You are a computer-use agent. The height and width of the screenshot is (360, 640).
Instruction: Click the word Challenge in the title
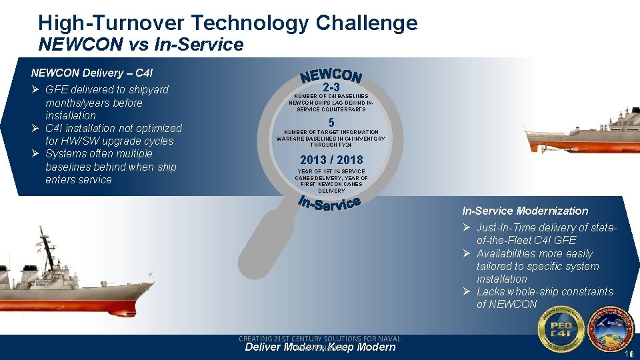click(366, 23)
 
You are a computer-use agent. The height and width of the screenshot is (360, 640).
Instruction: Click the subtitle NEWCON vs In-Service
click(141, 45)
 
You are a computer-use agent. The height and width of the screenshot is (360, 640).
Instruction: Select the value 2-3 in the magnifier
click(331, 87)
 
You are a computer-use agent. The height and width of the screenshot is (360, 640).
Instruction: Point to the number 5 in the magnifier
click(331, 123)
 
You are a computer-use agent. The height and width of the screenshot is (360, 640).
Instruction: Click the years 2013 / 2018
click(331, 160)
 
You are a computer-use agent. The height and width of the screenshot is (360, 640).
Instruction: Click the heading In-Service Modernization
click(525, 211)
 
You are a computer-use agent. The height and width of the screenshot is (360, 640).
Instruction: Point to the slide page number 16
click(629, 354)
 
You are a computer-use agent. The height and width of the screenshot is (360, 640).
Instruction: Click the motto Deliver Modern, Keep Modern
click(320, 347)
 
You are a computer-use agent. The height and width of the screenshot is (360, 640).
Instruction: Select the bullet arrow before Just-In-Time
click(467, 228)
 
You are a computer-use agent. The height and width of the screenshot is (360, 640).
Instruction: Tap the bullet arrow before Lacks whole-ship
click(467, 292)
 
